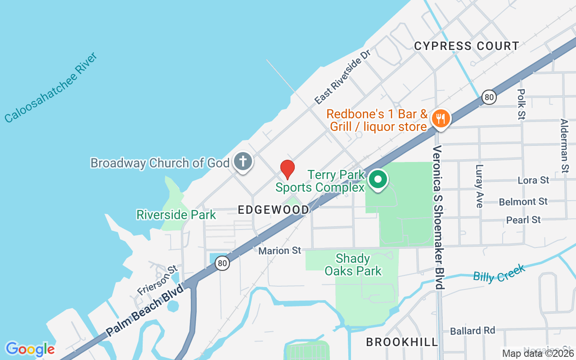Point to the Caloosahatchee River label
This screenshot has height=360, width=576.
[x=51, y=87]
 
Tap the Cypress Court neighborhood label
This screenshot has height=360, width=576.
[x=467, y=46]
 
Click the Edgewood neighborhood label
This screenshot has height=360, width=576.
[x=274, y=210]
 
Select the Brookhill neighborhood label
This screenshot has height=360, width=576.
[x=402, y=342]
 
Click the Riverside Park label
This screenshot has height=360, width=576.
[x=176, y=215]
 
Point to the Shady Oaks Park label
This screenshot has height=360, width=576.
[x=353, y=265]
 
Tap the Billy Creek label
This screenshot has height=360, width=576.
[x=499, y=273]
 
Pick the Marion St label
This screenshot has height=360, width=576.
[x=279, y=250]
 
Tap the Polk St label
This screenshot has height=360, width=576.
[x=521, y=104]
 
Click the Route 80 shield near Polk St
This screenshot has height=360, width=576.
[x=489, y=96]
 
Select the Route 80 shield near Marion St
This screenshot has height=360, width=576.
[x=222, y=263]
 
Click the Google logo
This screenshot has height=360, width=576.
[x=30, y=349]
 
